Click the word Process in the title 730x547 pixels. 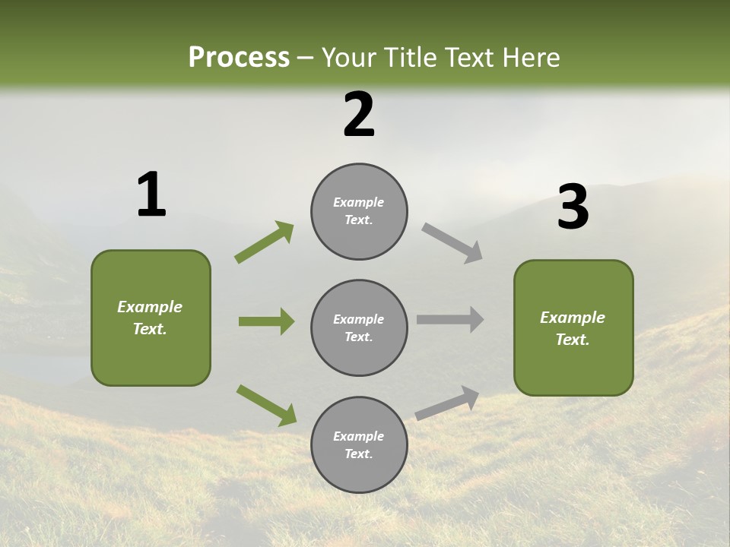click(x=239, y=58)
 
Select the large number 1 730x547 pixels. click(x=151, y=195)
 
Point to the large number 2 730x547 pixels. click(x=359, y=115)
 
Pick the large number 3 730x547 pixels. click(x=573, y=207)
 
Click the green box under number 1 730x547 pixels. click(x=151, y=318)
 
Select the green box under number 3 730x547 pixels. click(x=573, y=327)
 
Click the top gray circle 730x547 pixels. click(x=359, y=211)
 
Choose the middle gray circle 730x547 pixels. click(x=359, y=327)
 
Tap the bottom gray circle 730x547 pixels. click(x=359, y=444)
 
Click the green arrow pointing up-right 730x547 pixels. click(x=264, y=242)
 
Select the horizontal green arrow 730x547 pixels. click(x=266, y=321)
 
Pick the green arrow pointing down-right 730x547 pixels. click(x=266, y=405)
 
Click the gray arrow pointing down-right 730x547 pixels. click(x=452, y=243)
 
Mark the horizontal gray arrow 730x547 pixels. click(x=450, y=320)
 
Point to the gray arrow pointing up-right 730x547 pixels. click(x=447, y=403)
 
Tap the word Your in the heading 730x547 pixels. click(x=348, y=58)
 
